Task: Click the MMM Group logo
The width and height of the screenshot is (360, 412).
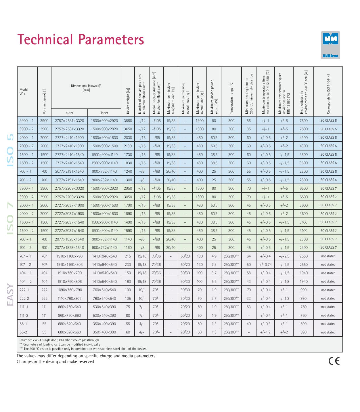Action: coord(330,45)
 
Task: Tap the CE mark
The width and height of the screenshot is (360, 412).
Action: coord(334,361)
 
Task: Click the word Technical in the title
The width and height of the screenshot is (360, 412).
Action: coord(45,40)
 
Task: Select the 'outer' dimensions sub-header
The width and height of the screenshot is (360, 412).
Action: coord(70,113)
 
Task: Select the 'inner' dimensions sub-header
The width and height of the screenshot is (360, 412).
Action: coord(104,113)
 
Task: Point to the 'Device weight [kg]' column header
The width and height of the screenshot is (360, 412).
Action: coord(128,101)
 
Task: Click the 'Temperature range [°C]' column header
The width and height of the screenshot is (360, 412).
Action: coord(231,98)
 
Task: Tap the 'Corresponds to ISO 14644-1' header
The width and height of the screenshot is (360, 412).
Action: coord(328,94)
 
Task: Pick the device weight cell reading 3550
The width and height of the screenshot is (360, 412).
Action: coord(128,121)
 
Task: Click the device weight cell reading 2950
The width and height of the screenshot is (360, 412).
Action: coord(128,188)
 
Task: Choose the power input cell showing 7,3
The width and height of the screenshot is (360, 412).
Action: coord(214,264)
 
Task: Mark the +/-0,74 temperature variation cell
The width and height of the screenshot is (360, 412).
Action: coord(265,264)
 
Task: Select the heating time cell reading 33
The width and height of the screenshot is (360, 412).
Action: coord(249,298)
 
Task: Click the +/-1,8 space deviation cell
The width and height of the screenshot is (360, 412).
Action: coord(284,281)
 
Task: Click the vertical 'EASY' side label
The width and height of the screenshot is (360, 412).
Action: coord(10,295)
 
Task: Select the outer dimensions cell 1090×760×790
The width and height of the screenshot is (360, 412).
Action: coord(70,290)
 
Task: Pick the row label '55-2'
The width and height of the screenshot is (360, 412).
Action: coord(23,332)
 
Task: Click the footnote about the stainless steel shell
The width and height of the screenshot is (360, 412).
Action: coord(83,349)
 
